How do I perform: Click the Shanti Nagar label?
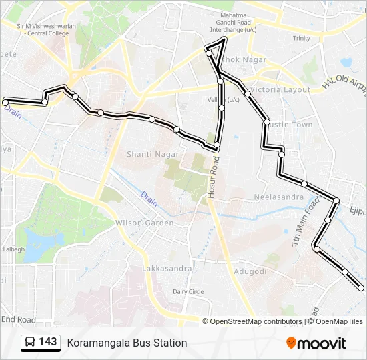[x=153, y=154]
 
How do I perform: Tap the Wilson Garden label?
[x=145, y=223]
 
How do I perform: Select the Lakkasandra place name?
[x=167, y=269]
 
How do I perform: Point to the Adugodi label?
[x=250, y=271]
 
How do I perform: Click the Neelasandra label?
[x=280, y=197]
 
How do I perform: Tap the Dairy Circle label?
[x=188, y=291]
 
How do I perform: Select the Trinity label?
[x=302, y=38]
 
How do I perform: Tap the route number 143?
[x=48, y=342]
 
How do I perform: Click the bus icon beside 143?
[x=30, y=343]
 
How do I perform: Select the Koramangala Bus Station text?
[x=127, y=343]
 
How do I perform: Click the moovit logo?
[x=316, y=343]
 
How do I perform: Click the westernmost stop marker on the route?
[x=5, y=102]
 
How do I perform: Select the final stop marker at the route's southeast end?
[x=362, y=288]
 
